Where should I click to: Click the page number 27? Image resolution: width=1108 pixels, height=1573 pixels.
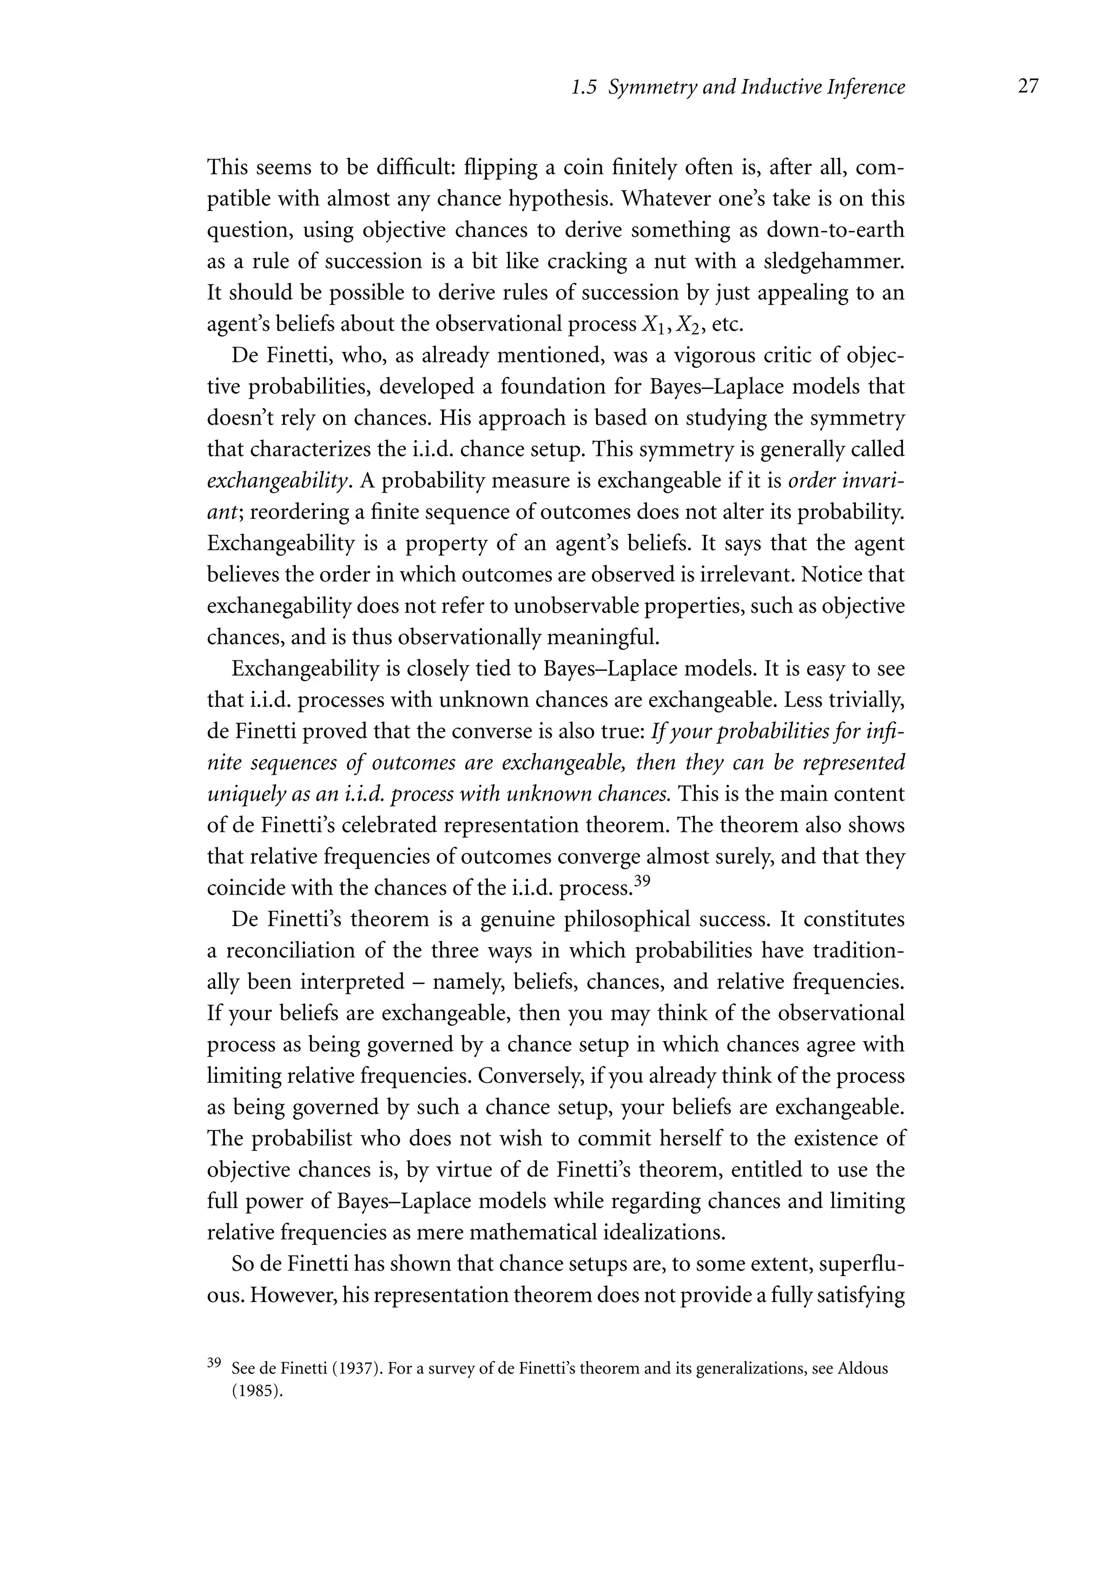click(1028, 87)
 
